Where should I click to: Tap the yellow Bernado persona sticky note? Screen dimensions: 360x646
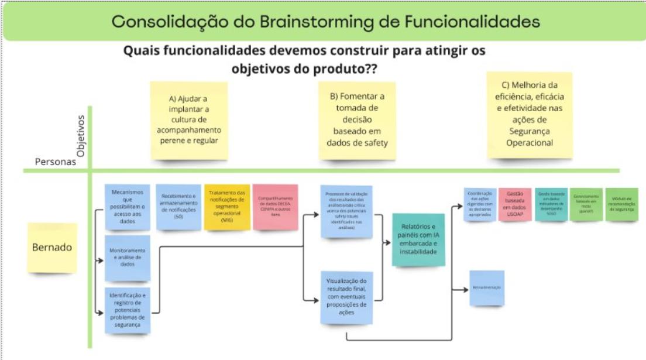pyautogui.click(x=52, y=248)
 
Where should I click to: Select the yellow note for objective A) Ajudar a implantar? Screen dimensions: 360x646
pyautogui.click(x=189, y=121)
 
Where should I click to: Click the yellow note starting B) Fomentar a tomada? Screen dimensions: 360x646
pyautogui.click(x=356, y=121)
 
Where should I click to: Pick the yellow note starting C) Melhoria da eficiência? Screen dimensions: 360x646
pyautogui.click(x=529, y=115)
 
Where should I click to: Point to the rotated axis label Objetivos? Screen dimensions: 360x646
pyautogui.click(x=81, y=135)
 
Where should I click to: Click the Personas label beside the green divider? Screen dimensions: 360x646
pyautogui.click(x=56, y=161)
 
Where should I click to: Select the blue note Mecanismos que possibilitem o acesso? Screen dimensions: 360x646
pyautogui.click(x=128, y=206)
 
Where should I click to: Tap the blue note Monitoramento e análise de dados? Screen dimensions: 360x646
pyautogui.click(x=128, y=258)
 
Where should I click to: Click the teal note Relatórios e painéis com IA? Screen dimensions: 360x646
pyautogui.click(x=418, y=239)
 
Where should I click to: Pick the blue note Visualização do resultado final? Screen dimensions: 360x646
pyautogui.click(x=347, y=297)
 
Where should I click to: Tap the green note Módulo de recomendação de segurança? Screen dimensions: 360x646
pyautogui.click(x=621, y=204)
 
